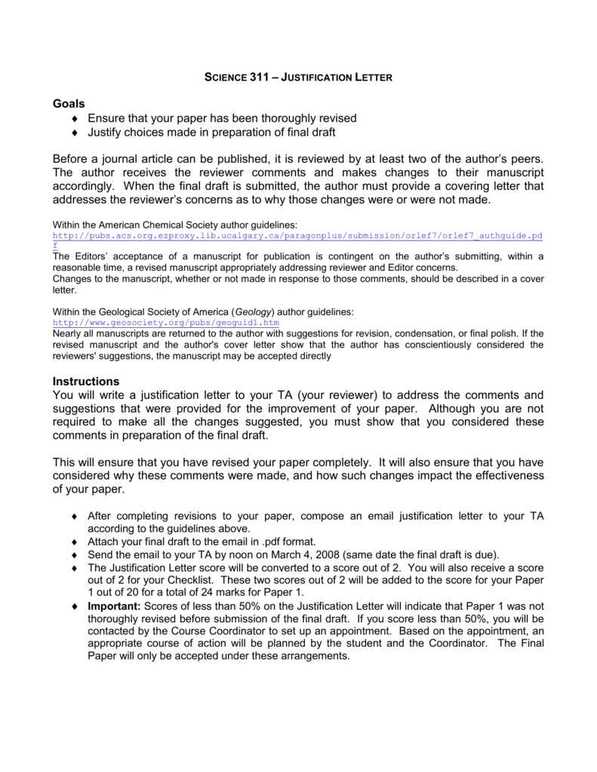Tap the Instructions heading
(86, 381)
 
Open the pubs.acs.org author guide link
(297, 236)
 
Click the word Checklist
(200, 579)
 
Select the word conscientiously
(409, 345)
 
